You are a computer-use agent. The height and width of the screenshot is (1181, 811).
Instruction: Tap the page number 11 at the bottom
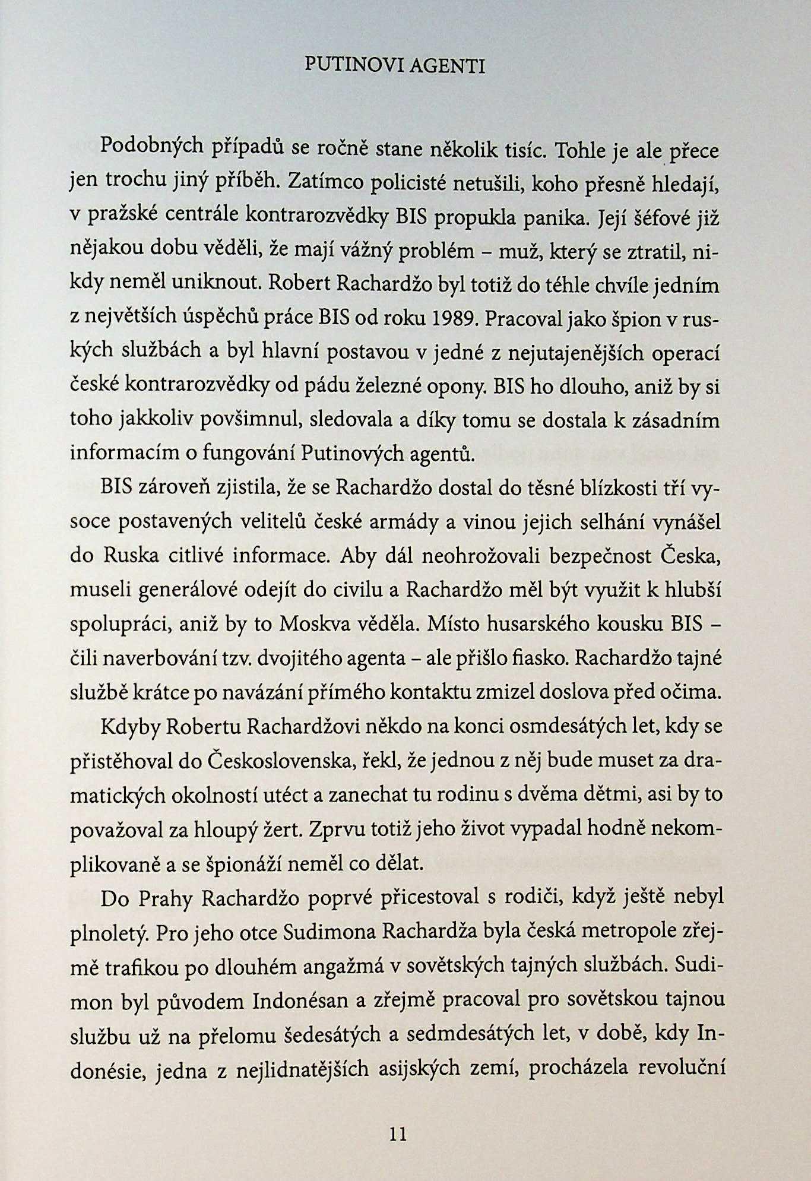pos(398,1133)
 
